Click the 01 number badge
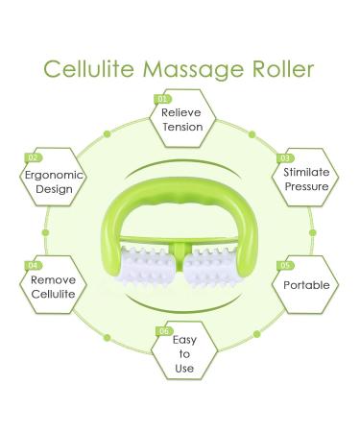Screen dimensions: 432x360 [x=162, y=98]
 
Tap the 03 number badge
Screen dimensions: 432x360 [x=284, y=156]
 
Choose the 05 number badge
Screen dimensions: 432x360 [x=284, y=264]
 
